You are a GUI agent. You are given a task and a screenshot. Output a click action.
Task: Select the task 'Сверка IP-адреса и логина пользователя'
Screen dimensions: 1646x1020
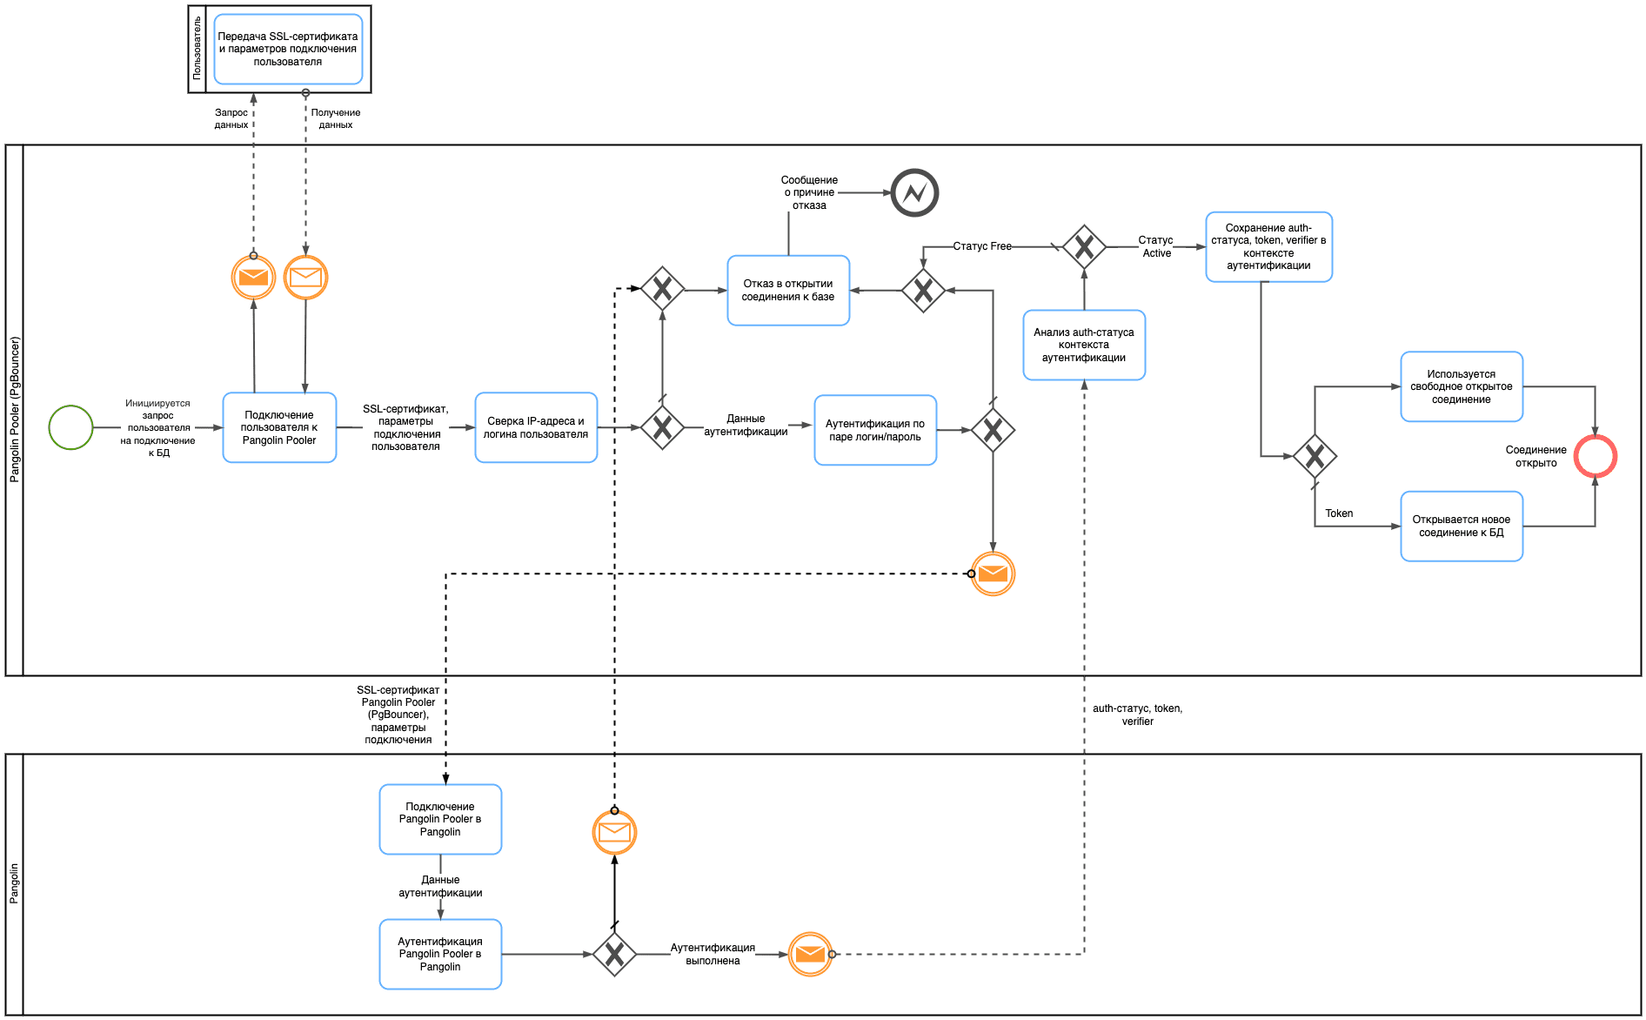coord(536,427)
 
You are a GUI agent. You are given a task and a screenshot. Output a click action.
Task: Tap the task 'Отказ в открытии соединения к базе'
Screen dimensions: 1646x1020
coord(788,290)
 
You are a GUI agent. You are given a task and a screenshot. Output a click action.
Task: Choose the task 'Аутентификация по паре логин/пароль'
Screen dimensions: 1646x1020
coord(875,430)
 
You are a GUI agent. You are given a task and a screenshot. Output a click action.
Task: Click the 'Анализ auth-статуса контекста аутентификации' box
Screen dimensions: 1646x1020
coord(1084,345)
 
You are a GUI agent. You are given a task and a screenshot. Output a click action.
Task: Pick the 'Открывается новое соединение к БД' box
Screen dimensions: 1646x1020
coord(1462,526)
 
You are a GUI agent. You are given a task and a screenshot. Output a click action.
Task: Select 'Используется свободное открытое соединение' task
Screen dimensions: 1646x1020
coord(1462,386)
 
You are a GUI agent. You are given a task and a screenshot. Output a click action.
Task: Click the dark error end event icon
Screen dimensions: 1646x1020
coord(914,192)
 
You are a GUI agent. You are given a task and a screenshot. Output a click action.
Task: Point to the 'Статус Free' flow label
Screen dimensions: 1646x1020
coord(982,246)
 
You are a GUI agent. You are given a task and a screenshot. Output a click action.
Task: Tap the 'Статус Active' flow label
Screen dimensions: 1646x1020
coord(1156,246)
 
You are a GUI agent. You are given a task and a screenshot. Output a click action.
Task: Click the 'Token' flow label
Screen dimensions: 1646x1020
coord(1339,513)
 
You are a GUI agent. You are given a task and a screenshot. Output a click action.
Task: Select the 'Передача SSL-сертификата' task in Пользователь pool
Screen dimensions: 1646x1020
coord(288,49)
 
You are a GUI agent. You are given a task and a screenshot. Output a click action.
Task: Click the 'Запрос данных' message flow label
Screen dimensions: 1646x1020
coord(231,118)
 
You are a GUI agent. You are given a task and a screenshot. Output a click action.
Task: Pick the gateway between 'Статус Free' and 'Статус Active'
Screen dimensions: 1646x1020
coord(1084,247)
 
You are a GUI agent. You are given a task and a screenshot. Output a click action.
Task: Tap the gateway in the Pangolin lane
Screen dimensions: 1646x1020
coord(614,954)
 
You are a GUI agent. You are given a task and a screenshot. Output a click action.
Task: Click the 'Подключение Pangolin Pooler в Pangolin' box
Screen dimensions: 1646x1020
coord(440,819)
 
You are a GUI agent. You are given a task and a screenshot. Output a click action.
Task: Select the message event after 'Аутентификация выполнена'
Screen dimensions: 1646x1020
coord(810,954)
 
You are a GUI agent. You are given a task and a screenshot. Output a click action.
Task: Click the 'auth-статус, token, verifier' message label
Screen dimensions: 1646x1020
coord(1137,715)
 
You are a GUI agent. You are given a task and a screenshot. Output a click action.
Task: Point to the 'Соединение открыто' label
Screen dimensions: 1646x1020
coord(1536,456)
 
